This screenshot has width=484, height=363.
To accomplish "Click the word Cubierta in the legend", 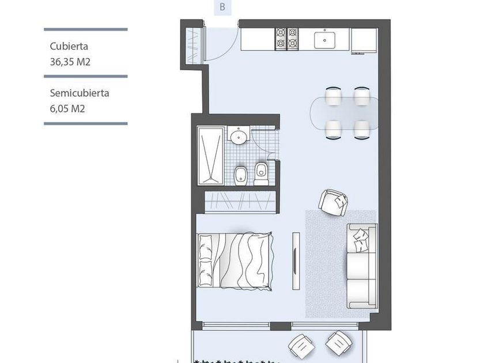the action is click(69, 46).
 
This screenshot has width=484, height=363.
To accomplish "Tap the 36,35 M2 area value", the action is click(70, 62).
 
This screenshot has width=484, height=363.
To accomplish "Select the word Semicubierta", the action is click(80, 93).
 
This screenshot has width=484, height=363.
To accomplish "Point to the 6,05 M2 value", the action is click(67, 109).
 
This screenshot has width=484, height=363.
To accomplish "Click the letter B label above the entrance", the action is click(222, 7).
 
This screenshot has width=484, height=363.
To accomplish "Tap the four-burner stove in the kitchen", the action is click(287, 39).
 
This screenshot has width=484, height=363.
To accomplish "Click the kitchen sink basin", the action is click(325, 40).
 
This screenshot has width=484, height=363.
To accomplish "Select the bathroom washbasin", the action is click(239, 136).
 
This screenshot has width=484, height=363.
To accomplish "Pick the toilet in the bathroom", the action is click(262, 173).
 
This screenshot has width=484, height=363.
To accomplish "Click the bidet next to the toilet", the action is click(240, 176).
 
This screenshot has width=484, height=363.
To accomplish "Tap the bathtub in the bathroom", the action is click(211, 156).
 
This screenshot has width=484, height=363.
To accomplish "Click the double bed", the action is click(235, 261).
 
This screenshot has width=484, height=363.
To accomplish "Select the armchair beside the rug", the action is click(333, 202).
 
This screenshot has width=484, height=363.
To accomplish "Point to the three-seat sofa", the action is click(362, 266).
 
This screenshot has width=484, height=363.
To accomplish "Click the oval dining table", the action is click(344, 114).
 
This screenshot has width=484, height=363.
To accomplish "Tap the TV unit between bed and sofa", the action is click(296, 261).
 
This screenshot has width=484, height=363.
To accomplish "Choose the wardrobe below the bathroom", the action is click(240, 202).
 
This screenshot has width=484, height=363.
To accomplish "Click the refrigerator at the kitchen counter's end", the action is click(364, 40).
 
